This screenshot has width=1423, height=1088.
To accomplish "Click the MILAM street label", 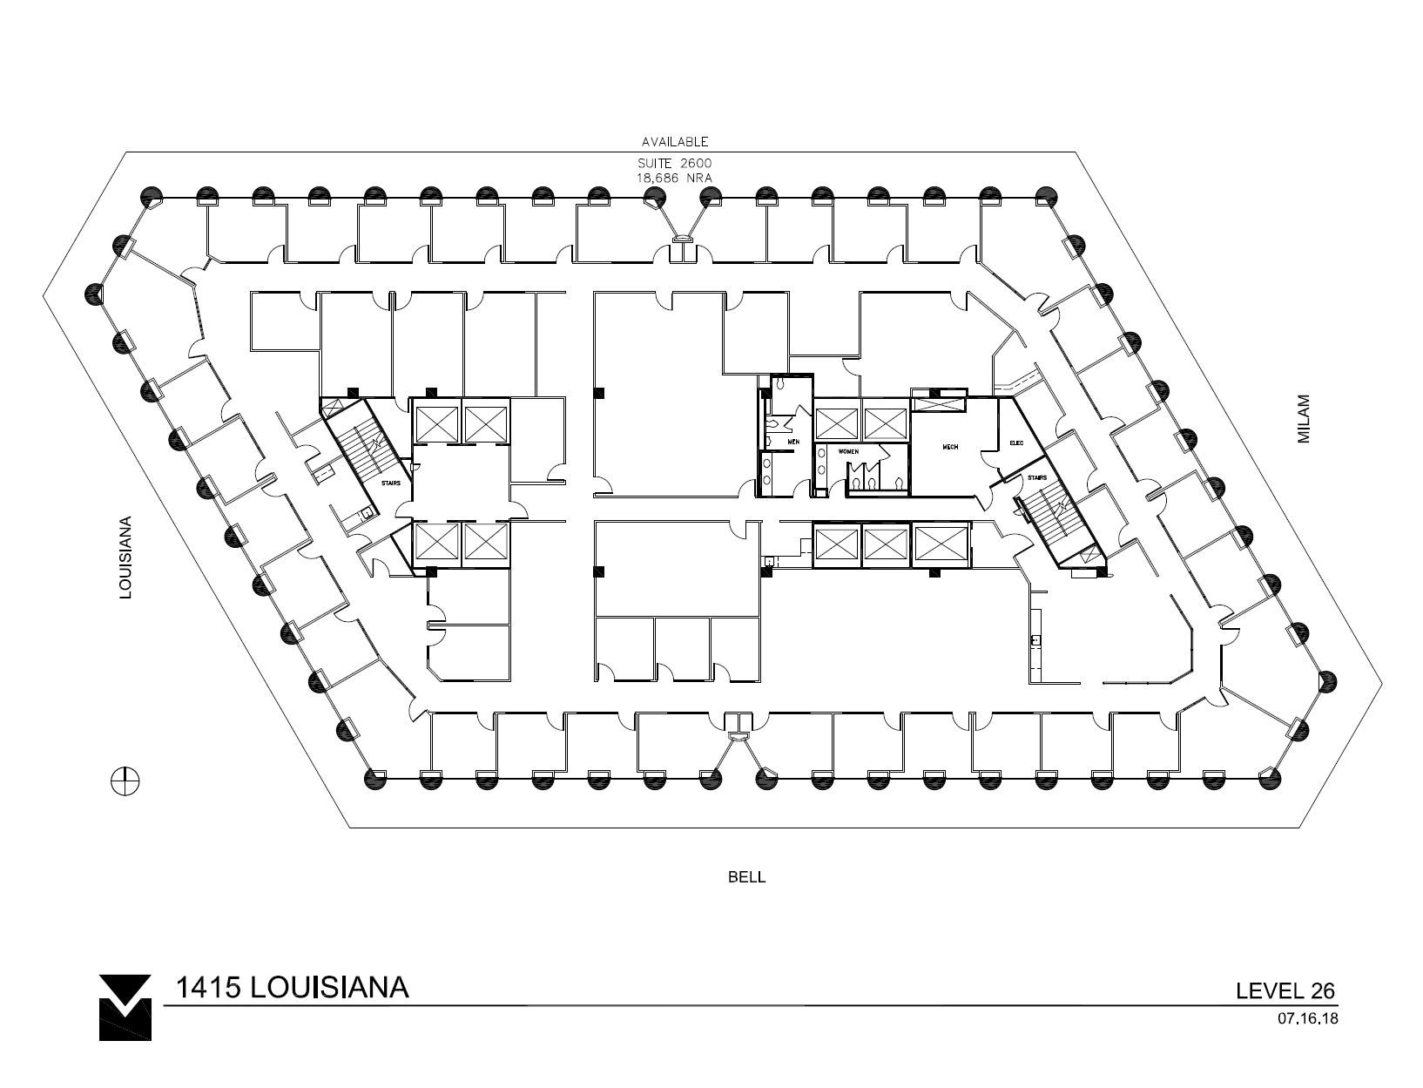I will [1304, 420].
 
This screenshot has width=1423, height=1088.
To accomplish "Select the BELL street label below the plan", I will [746, 877].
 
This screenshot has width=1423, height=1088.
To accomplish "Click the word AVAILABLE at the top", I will [675, 141].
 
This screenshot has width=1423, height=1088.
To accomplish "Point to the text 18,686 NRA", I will [675, 177].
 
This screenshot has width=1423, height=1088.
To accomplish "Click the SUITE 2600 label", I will [675, 164].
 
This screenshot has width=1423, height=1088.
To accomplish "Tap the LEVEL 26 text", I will [1285, 990].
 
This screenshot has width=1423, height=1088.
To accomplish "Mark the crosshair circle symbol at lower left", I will [125, 781].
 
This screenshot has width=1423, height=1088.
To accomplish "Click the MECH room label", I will [950, 447].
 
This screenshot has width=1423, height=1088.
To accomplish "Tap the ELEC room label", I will [1015, 443].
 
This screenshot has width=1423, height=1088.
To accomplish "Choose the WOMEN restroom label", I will [848, 451].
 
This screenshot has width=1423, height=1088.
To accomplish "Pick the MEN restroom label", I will [793, 442].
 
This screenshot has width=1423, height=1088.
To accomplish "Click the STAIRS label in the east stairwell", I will [1036, 477].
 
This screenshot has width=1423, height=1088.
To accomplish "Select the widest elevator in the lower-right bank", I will [941, 544].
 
